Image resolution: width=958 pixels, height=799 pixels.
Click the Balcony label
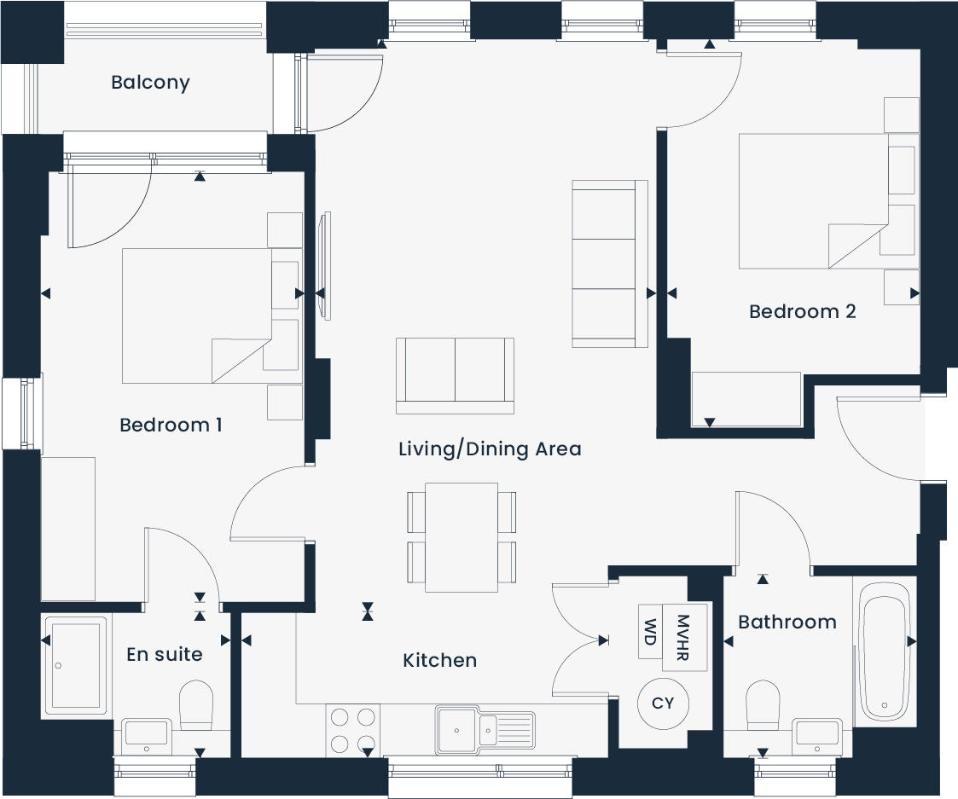[150, 83]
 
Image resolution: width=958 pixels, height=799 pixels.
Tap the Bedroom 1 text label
[171, 425]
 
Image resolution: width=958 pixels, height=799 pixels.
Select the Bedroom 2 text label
[802, 312]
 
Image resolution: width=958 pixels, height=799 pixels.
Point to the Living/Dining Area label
[490, 449]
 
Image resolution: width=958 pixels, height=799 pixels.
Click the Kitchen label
[439, 660]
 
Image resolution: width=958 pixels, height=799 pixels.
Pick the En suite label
[165, 654]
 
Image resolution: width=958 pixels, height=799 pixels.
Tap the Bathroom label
[787, 622]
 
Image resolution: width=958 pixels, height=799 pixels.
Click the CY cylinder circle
[663, 703]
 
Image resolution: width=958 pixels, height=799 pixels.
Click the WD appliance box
[650, 632]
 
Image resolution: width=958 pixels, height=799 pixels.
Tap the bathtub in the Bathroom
[883, 649]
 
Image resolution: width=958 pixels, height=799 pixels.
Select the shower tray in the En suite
[77, 664]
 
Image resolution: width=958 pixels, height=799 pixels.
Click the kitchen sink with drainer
[485, 730]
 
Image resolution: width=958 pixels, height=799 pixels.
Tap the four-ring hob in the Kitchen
[353, 730]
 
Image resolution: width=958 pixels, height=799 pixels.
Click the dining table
[462, 537]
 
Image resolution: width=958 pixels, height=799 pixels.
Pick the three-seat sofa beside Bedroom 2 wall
[604, 263]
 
